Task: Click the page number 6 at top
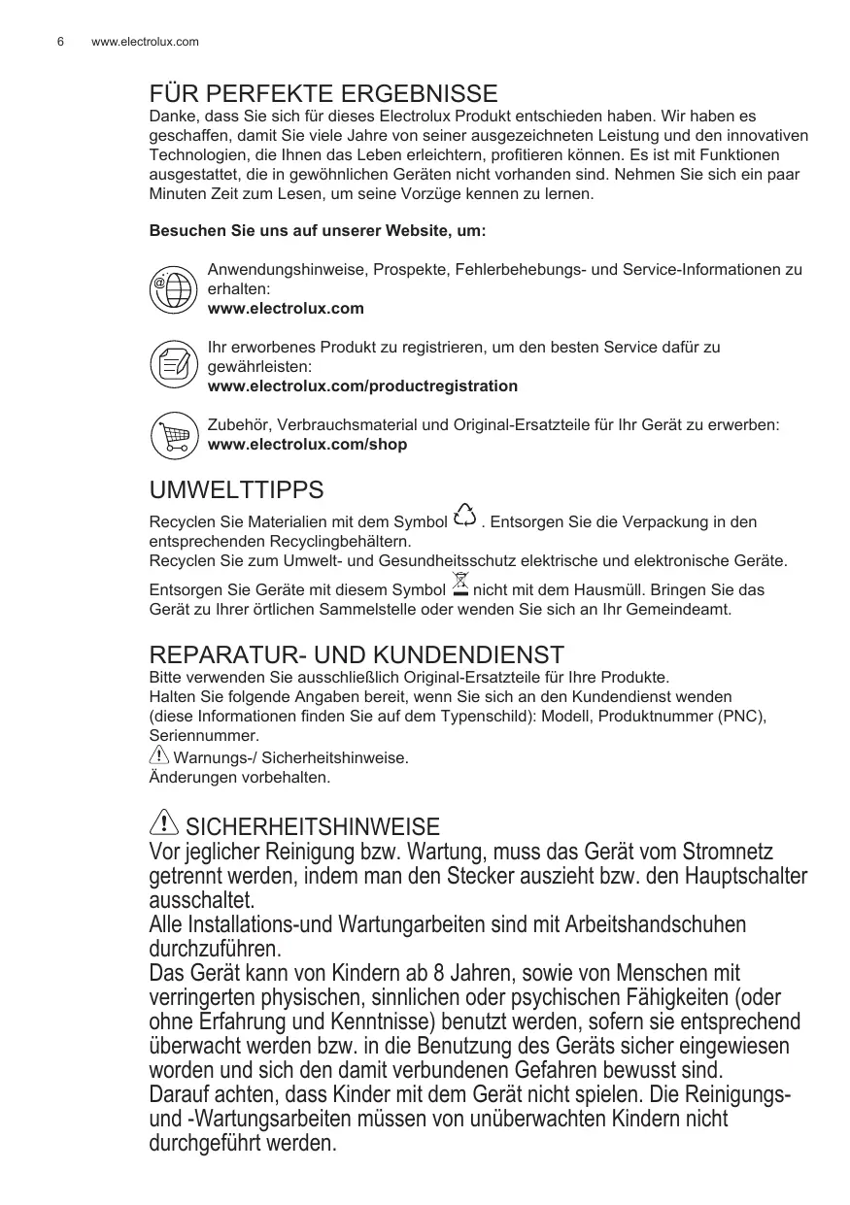60,42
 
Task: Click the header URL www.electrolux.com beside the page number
145,42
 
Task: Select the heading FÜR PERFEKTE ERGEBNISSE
323,94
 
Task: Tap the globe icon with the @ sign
174,288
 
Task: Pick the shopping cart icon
174,434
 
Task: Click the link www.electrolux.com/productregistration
362,386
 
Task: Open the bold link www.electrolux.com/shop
308,445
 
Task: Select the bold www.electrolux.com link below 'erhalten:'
287,309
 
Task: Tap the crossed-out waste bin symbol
461,586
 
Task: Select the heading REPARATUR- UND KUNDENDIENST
356,654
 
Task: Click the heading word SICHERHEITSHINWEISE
312,827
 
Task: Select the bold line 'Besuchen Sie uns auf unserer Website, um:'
318,232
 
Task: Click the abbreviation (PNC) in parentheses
742,717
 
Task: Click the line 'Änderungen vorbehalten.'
239,778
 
